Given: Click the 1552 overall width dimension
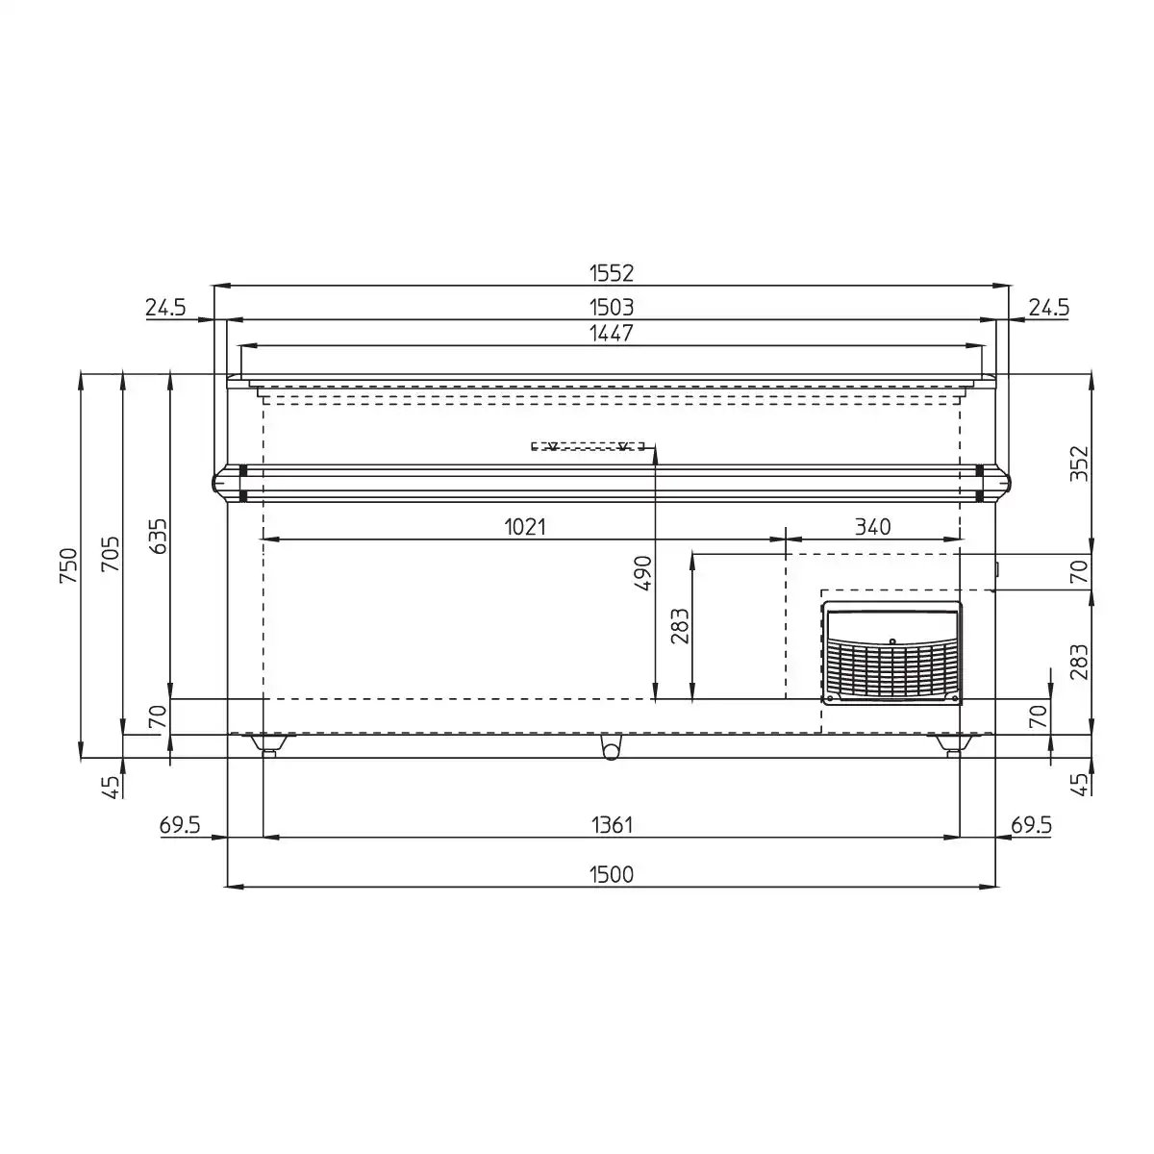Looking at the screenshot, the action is pyautogui.click(x=611, y=273).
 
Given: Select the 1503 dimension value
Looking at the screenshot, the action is pyautogui.click(x=611, y=307).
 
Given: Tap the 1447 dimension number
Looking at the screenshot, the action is pyautogui.click(x=611, y=333).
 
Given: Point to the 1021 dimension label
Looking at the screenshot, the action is pyautogui.click(x=525, y=527).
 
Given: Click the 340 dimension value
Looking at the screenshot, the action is pyautogui.click(x=872, y=527).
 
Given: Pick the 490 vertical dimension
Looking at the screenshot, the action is pyautogui.click(x=642, y=573).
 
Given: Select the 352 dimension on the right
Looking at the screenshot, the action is pyautogui.click(x=1078, y=463).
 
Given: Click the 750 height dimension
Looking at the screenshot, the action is pyautogui.click(x=68, y=565).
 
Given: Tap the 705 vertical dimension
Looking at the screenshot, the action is pyautogui.click(x=111, y=554).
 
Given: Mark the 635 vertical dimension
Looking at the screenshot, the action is pyautogui.click(x=158, y=537).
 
